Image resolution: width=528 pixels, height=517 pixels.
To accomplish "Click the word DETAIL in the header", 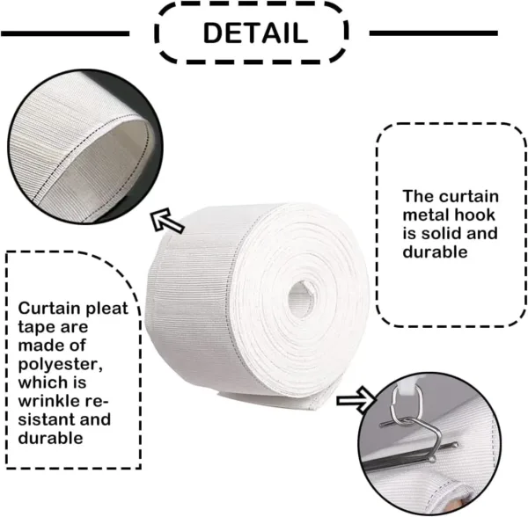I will point(255,33).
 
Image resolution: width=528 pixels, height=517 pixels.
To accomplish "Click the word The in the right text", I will point(420,196).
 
